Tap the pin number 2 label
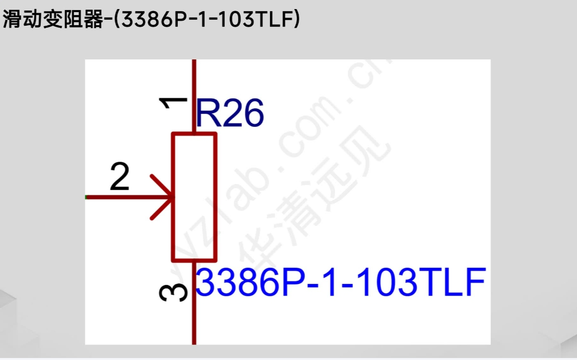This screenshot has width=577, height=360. pyautogui.click(x=119, y=178)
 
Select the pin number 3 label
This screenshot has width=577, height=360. pyautogui.click(x=173, y=293)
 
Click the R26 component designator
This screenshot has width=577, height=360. pyautogui.click(x=229, y=114)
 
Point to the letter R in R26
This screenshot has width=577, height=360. pyautogui.click(x=206, y=114)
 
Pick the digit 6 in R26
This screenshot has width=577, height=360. pyautogui.click(x=253, y=114)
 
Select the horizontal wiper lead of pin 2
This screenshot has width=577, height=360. pyautogui.click(x=126, y=197)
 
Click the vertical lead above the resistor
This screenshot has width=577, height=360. pyautogui.click(x=194, y=96)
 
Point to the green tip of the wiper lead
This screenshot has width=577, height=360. pyautogui.click(x=86, y=197)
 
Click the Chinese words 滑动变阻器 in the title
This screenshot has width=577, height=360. pyautogui.click(x=53, y=20)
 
